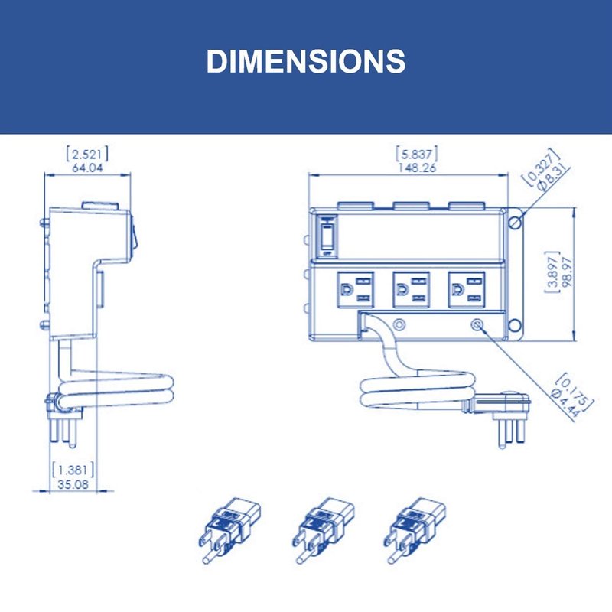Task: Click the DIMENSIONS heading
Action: click(x=306, y=61)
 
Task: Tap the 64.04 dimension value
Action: click(x=87, y=168)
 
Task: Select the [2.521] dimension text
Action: click(x=87, y=155)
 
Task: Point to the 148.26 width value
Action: click(x=417, y=168)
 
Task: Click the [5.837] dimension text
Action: click(x=417, y=155)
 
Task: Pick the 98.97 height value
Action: click(x=568, y=272)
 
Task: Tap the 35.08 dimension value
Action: click(x=73, y=484)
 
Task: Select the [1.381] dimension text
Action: click(x=73, y=470)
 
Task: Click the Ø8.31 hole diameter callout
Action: click(x=552, y=177)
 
